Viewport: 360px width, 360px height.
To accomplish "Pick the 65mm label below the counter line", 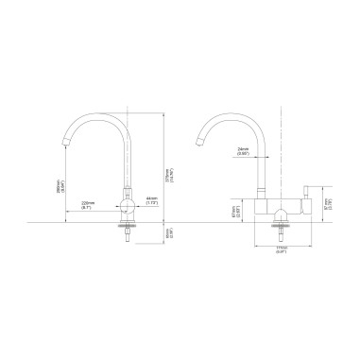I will [x=168, y=232].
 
